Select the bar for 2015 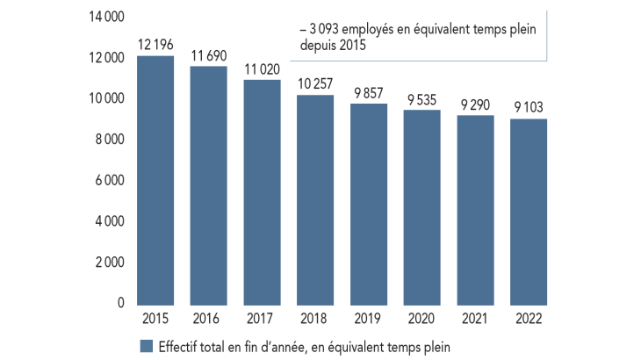point(155,180)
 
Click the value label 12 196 point(155,43)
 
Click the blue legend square point(146,345)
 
